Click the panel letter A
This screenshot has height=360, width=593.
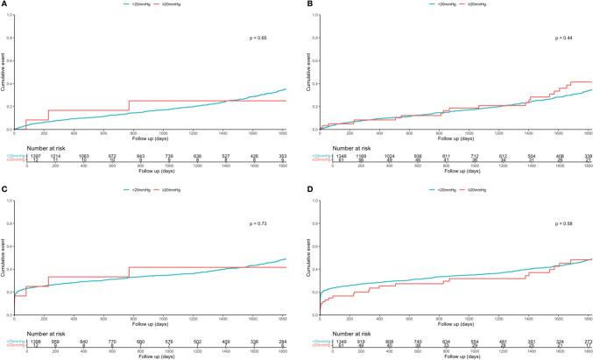tap(4, 4)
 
